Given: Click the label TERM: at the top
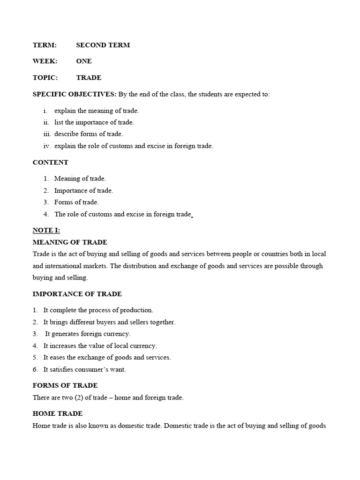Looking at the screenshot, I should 45,45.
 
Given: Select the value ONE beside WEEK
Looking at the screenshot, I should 84,61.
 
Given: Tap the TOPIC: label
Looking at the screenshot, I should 45,77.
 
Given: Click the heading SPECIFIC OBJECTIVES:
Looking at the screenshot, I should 75,94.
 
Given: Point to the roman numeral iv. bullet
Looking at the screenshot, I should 46,146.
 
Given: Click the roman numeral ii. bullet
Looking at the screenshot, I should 45,122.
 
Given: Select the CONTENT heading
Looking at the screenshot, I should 50,162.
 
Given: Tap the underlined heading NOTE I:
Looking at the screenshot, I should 46,230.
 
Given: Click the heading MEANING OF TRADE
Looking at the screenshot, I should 70,242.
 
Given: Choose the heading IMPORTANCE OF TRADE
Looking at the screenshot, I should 77,294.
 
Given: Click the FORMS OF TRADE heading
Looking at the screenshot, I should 65,385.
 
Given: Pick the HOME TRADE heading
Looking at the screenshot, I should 57,413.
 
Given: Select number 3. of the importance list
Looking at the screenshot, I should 35,334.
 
